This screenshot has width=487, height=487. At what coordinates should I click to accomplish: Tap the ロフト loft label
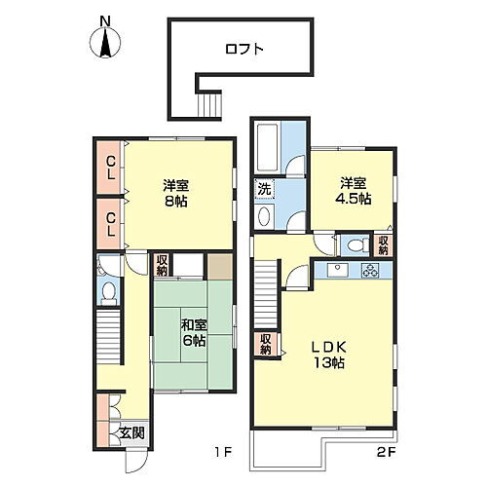(243, 49)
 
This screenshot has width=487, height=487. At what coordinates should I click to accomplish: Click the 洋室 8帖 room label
(175, 192)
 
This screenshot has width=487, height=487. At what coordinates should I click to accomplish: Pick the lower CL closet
(112, 223)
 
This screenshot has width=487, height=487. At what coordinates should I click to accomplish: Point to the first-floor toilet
(109, 289)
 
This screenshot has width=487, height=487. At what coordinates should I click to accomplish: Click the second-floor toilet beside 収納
(356, 243)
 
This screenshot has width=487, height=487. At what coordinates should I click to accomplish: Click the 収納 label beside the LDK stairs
(265, 344)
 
